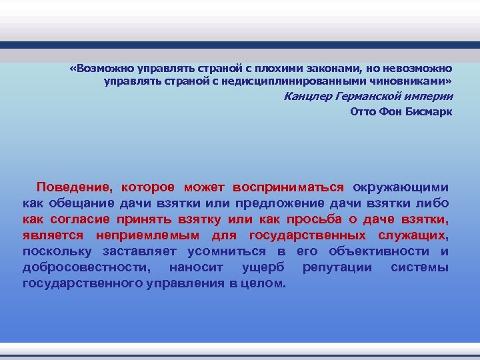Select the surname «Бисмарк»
tap(429, 111)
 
